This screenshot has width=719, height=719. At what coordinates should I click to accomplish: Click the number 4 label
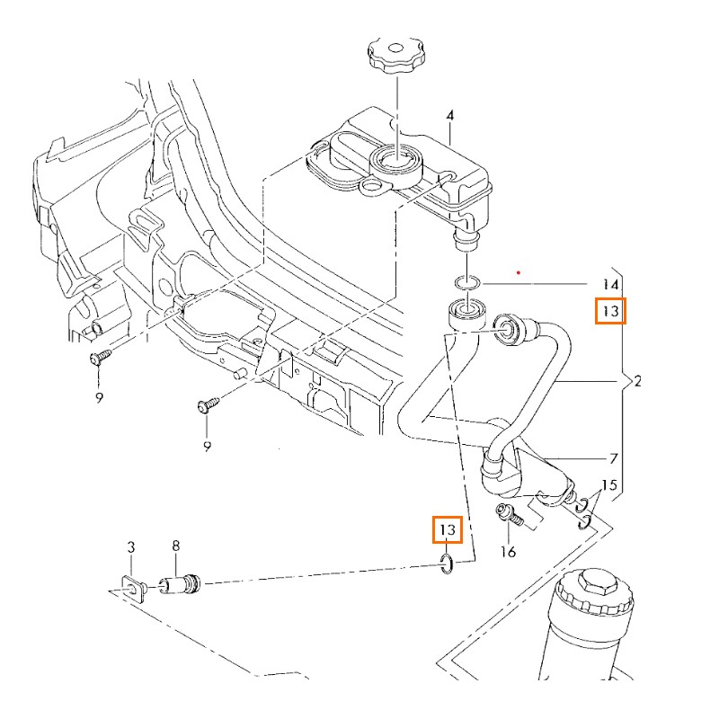(x=450, y=115)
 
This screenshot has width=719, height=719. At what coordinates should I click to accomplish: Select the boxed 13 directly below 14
(x=611, y=311)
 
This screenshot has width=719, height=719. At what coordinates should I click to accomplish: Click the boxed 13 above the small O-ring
(x=447, y=530)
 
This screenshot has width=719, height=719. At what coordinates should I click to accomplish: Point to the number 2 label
(x=636, y=382)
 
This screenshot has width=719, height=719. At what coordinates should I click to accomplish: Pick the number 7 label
(x=614, y=458)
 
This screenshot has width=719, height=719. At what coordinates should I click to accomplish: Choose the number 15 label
(x=609, y=485)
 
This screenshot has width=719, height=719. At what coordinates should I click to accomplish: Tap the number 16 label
(x=508, y=552)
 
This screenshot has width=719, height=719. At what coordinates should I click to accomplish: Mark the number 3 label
(x=131, y=546)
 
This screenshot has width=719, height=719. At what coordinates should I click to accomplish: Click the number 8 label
(x=176, y=546)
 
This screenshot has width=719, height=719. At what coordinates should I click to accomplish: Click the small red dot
(x=519, y=270)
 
